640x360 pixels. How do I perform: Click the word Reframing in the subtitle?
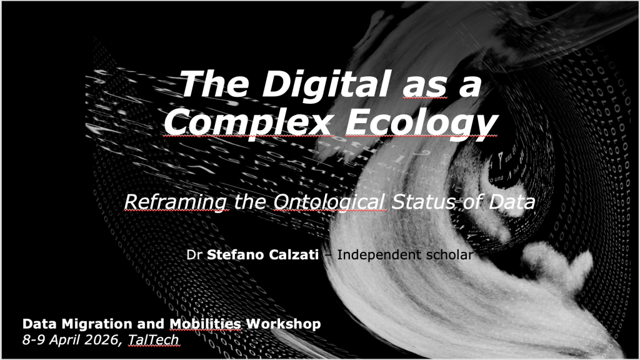[177, 201]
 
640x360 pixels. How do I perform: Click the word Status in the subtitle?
[426, 201]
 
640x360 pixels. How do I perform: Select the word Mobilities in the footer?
[205, 324]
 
